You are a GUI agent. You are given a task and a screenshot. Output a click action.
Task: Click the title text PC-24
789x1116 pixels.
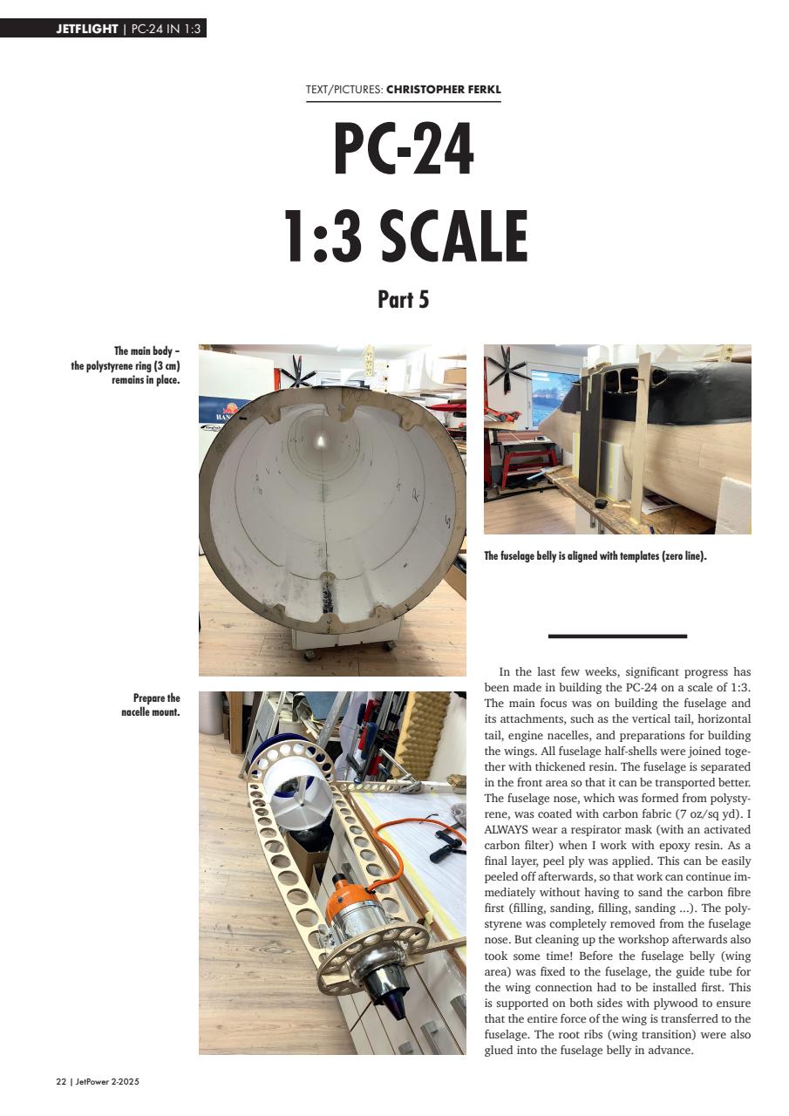(x=404, y=149)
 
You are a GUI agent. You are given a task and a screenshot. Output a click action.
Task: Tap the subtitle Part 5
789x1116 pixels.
(x=403, y=300)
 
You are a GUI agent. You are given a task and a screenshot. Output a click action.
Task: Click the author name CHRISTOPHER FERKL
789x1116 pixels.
(x=444, y=89)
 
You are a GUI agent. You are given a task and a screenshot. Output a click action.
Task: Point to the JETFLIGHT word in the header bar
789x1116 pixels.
(x=86, y=29)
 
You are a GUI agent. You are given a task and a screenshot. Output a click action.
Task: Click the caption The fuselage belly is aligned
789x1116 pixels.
(x=595, y=555)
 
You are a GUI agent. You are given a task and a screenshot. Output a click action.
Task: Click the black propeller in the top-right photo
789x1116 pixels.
(x=507, y=373)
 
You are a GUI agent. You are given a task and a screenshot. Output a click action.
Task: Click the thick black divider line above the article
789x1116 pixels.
(x=617, y=636)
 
